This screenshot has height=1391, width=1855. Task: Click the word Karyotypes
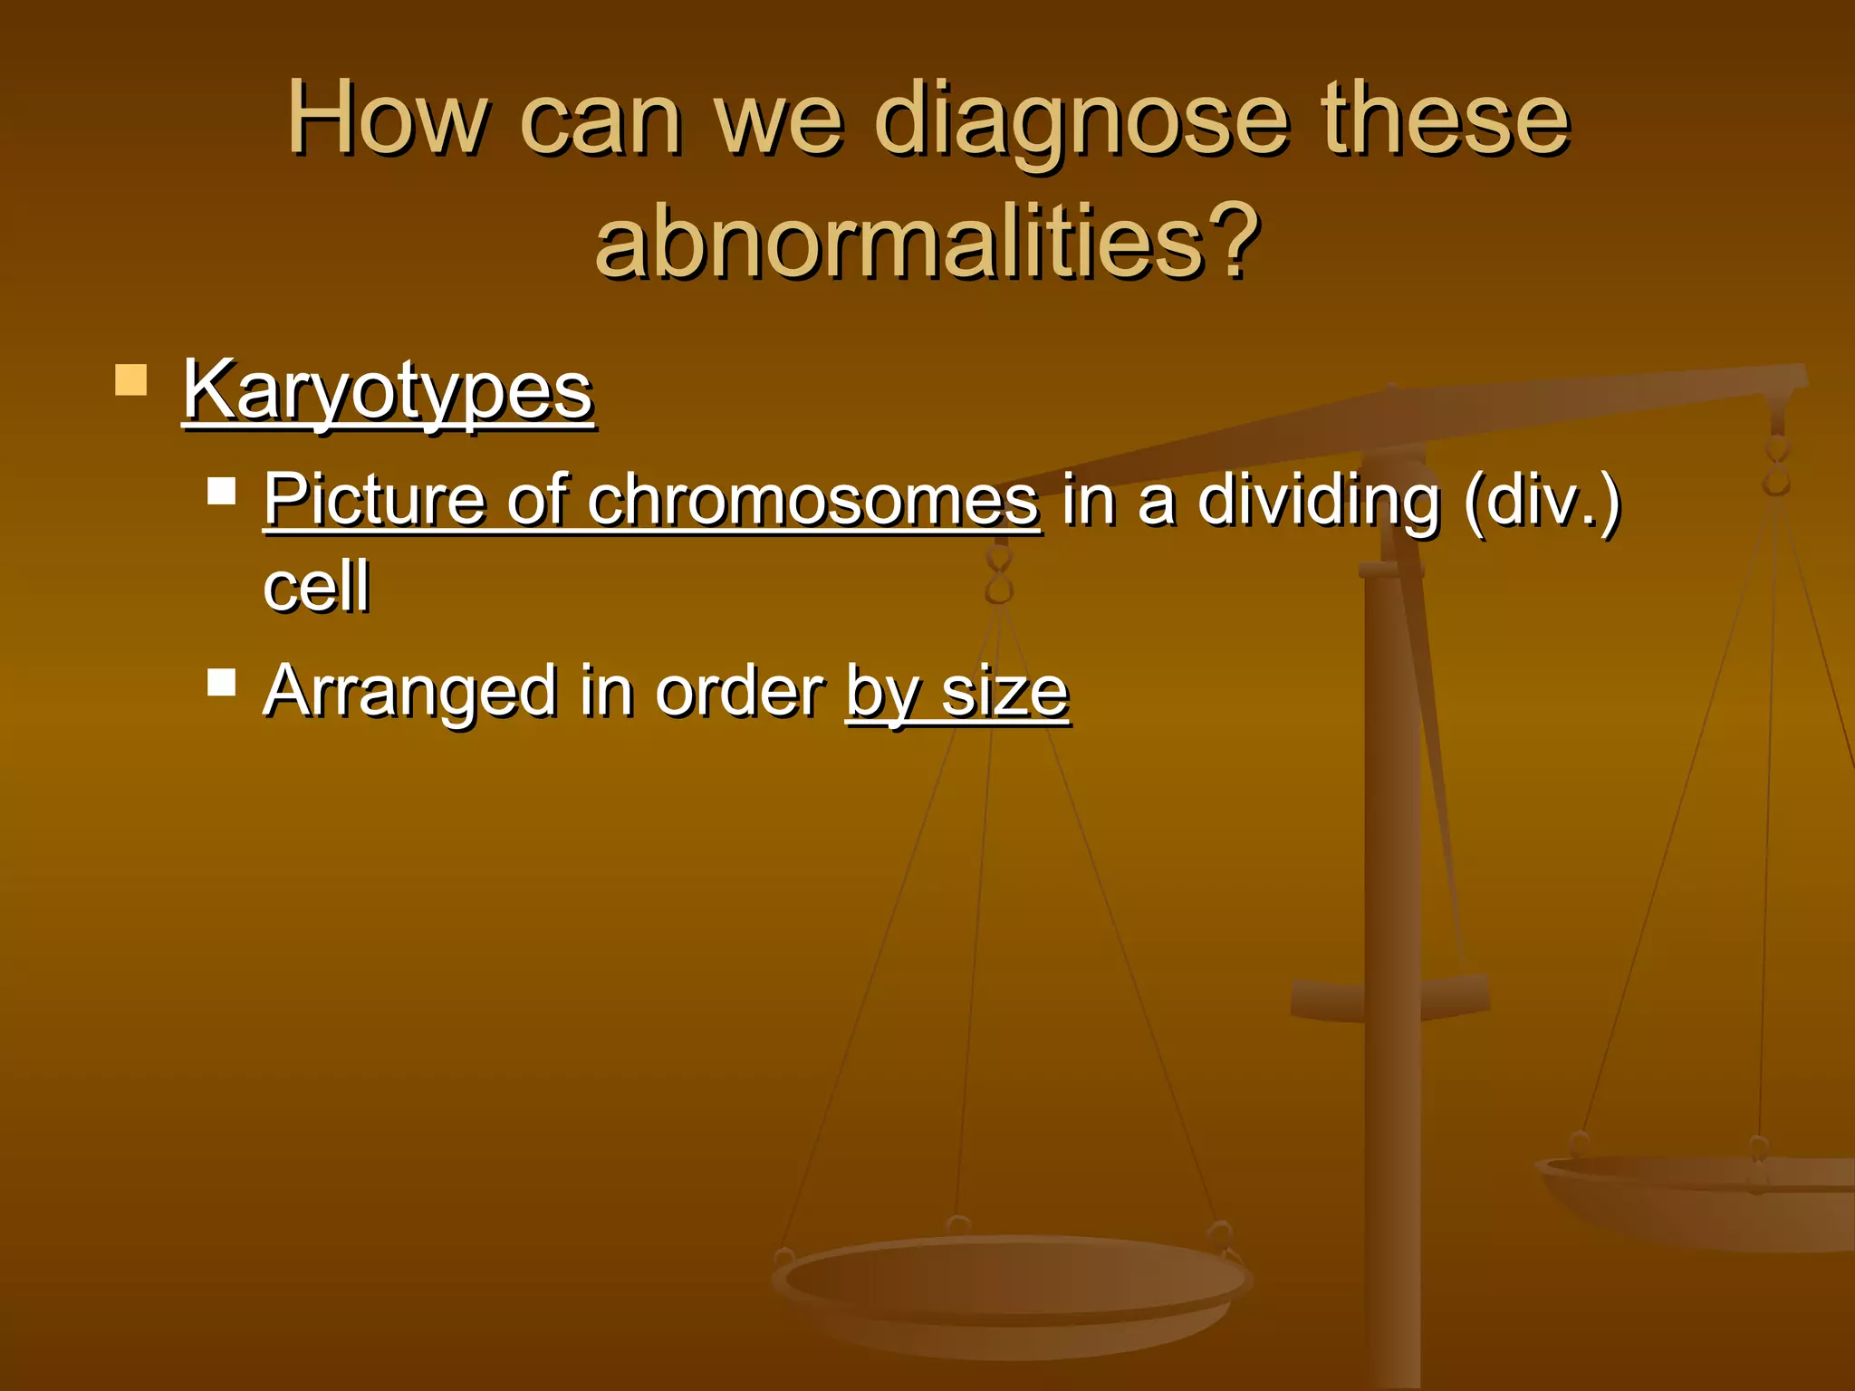click(x=388, y=391)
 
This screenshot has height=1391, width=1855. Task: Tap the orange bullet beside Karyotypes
click(x=131, y=380)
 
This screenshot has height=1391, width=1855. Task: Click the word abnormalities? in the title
click(x=927, y=242)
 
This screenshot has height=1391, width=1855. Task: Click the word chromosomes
click(x=812, y=500)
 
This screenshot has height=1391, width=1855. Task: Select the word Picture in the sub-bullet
click(x=379, y=500)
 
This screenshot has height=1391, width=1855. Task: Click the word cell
click(x=316, y=586)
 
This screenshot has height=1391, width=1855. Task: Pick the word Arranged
click(x=409, y=692)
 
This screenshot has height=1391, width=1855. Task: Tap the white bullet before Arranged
click(x=221, y=681)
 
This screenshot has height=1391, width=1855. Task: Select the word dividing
click(x=1319, y=500)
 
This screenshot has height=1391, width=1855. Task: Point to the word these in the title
click(x=1445, y=120)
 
